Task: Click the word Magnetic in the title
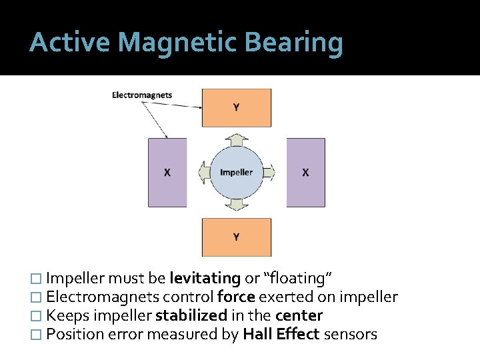176,43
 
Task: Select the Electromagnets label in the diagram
142,95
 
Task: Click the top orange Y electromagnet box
237,107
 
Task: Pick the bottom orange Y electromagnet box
237,237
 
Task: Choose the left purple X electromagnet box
167,172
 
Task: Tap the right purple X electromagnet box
306,172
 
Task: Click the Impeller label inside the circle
237,172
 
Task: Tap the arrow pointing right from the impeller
269,173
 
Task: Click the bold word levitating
205,278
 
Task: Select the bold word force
236,297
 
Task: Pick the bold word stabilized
193,315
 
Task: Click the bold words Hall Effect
281,334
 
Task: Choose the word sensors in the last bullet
351,334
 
